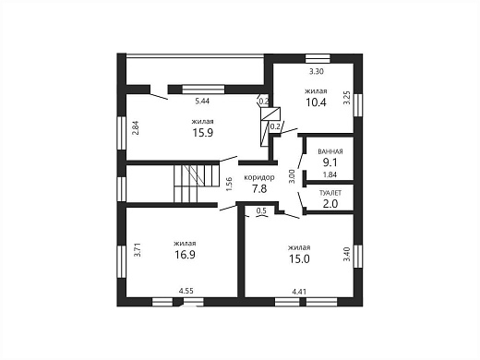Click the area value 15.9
(203, 133)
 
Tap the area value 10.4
(316, 102)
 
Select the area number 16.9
(186, 255)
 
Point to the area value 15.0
(299, 258)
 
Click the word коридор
(259, 177)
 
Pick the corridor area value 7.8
(259, 188)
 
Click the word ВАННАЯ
(330, 151)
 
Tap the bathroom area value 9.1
(330, 162)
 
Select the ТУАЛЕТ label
(330, 193)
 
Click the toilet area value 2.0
(330, 204)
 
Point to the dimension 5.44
(202, 101)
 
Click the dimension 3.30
(317, 71)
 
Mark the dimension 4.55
(186, 291)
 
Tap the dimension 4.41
(299, 291)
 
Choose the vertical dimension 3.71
(138, 250)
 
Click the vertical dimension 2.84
(136, 127)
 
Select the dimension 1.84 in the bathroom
(330, 174)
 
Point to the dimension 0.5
(261, 210)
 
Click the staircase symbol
(197, 184)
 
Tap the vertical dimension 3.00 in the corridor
(292, 176)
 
